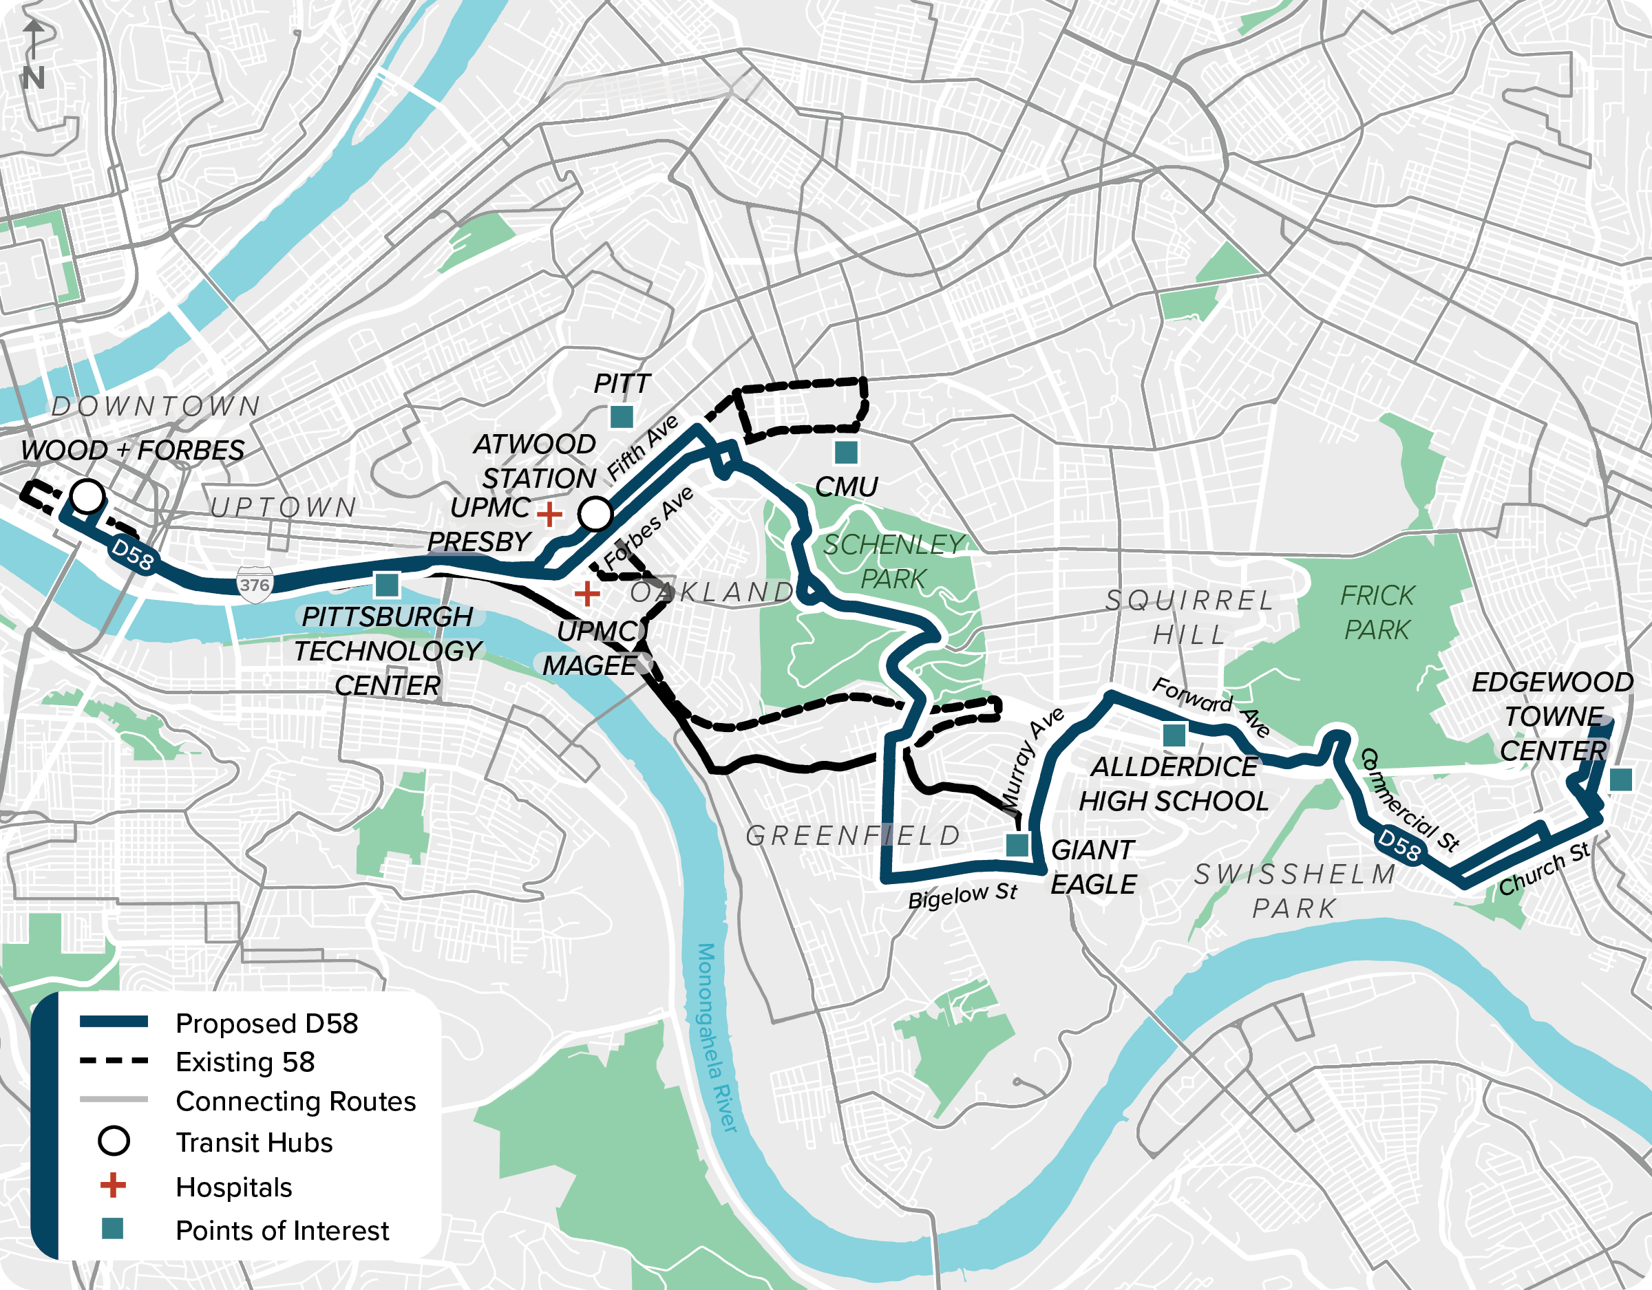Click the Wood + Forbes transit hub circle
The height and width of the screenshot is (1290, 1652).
87,497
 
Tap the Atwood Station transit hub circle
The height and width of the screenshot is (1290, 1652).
595,513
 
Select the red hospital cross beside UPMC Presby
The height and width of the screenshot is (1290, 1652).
549,514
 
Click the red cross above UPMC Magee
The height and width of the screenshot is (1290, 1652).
587,594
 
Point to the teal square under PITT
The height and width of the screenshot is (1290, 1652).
621,416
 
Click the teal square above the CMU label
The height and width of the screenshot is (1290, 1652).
846,452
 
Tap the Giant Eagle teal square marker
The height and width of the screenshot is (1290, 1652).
1017,845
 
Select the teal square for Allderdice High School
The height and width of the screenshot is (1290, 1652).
1174,734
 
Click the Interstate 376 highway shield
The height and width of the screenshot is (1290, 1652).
255,585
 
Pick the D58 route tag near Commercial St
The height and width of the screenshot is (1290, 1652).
1399,845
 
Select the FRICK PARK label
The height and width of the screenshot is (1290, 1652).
1377,612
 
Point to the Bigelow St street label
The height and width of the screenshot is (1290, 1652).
962,896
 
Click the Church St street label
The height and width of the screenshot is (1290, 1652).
1545,870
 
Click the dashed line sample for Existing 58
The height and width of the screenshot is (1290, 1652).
114,1061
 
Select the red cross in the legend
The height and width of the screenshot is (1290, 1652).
114,1185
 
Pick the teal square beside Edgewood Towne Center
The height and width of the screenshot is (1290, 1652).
1620,780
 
